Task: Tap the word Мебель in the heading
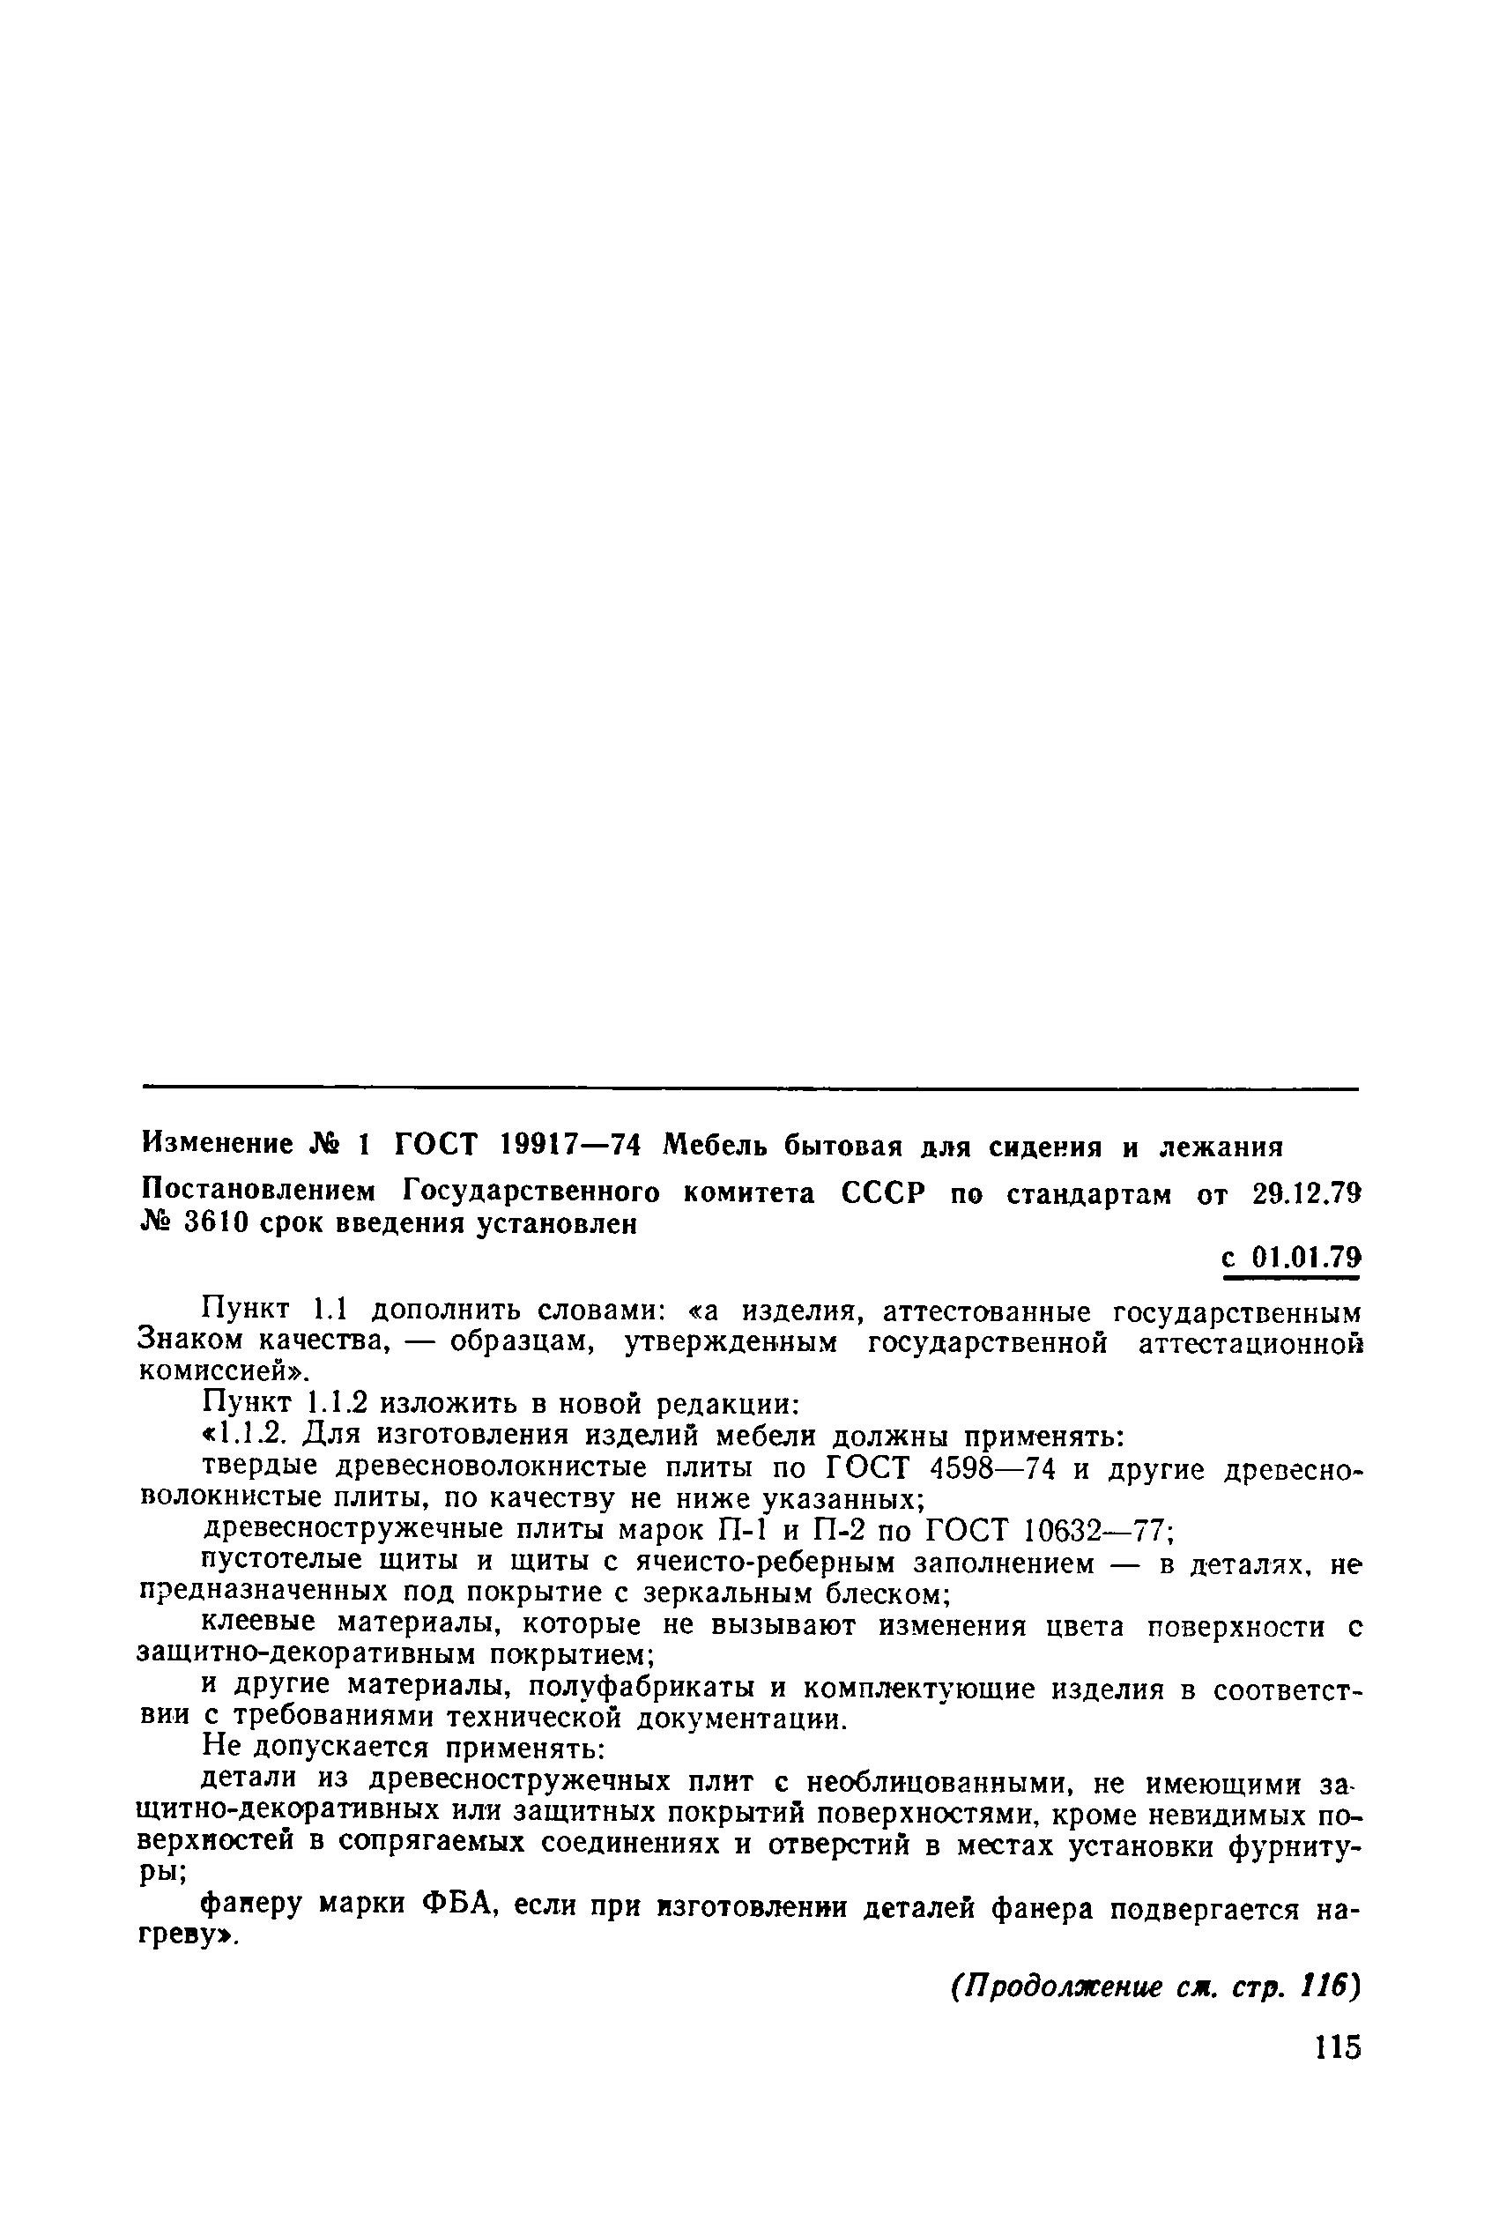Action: (719, 1144)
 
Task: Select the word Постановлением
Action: (258, 1194)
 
